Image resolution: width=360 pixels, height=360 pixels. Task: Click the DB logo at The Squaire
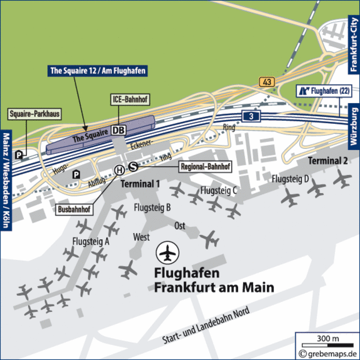tap(119, 129)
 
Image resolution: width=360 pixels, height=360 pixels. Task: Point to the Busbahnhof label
tap(74, 210)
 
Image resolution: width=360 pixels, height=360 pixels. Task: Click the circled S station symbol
tap(133, 166)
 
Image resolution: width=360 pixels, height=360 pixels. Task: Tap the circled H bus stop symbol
tap(119, 169)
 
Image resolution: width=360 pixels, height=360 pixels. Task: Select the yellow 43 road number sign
tap(267, 82)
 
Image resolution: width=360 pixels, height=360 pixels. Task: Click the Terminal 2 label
tap(328, 161)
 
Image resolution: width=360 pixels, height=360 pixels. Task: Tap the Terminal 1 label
tap(140, 184)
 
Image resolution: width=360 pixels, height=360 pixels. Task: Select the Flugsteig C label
tap(219, 190)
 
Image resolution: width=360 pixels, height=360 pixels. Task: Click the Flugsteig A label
tap(91, 241)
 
